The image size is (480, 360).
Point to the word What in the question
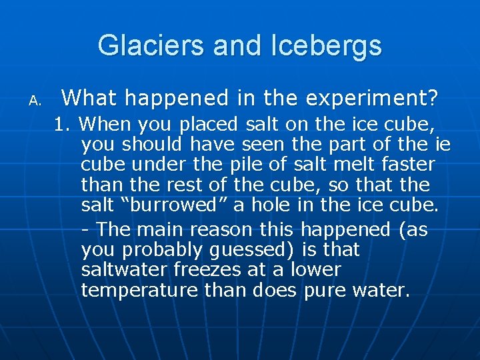coord(91,99)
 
